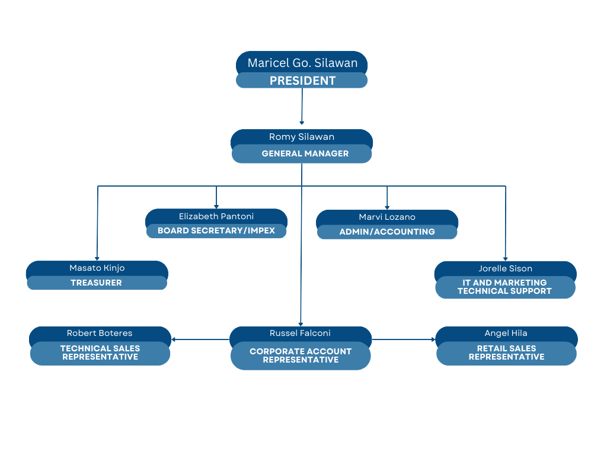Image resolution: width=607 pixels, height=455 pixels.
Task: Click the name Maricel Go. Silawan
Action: pyautogui.click(x=302, y=63)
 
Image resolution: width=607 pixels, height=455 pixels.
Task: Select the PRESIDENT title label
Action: pyautogui.click(x=302, y=81)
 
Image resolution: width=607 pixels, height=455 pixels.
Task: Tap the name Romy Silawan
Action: pyautogui.click(x=302, y=137)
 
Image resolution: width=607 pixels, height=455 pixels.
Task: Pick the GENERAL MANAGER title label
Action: pyautogui.click(x=305, y=153)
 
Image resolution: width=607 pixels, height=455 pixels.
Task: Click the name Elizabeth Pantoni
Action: pyautogui.click(x=216, y=216)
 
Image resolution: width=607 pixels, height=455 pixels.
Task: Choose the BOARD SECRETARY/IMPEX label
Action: pyautogui.click(x=216, y=230)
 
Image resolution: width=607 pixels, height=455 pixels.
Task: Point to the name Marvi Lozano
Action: pyautogui.click(x=387, y=217)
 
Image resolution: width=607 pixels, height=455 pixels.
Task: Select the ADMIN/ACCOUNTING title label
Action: pyautogui.click(x=387, y=232)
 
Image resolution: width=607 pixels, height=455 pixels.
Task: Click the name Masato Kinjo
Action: pyautogui.click(x=97, y=268)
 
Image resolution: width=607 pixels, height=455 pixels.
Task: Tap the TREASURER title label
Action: pyautogui.click(x=96, y=283)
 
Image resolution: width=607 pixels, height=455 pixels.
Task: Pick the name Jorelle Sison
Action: pyautogui.click(x=506, y=268)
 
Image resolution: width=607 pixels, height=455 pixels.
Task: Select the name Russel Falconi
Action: pyautogui.click(x=301, y=333)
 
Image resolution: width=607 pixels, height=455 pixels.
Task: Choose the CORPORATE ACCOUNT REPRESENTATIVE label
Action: pyautogui.click(x=301, y=355)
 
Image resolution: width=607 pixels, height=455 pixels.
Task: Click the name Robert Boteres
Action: pyautogui.click(x=100, y=333)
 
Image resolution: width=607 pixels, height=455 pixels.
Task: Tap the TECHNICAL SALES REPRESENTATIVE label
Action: pyautogui.click(x=100, y=353)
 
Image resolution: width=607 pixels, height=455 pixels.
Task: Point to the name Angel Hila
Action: pyautogui.click(x=506, y=333)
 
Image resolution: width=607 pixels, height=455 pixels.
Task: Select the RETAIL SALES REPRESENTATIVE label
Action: pyautogui.click(x=506, y=353)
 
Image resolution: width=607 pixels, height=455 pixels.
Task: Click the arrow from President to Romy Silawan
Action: pyautogui.click(x=302, y=107)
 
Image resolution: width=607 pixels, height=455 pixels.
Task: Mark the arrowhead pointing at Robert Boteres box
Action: pyautogui.click(x=174, y=339)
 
